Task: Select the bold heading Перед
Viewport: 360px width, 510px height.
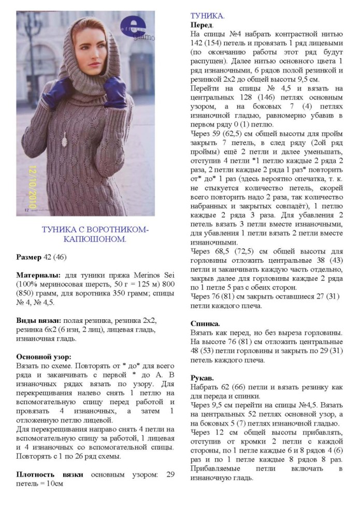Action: pos(201,25)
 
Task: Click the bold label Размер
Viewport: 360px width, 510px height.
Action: pos(32,257)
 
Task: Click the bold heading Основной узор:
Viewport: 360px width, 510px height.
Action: pos(44,357)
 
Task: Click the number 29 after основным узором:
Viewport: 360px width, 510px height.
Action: pos(170,474)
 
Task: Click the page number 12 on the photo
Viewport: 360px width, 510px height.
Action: pos(25,209)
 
